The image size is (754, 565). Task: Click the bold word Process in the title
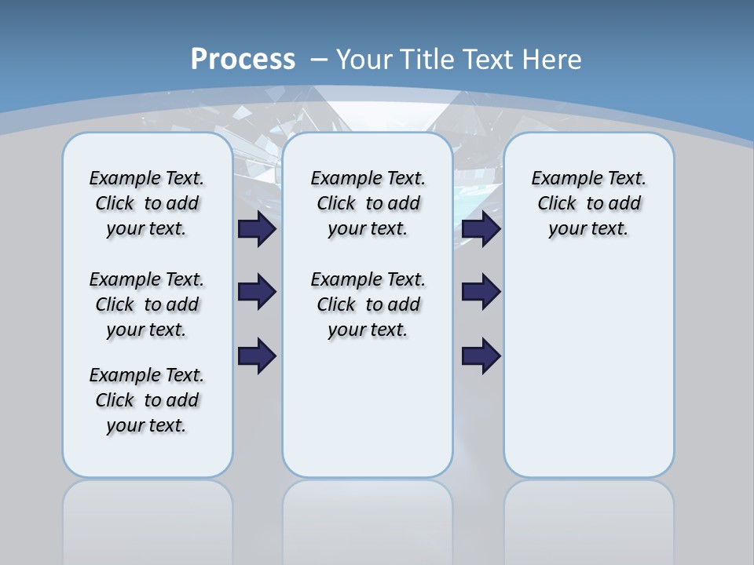coord(243,60)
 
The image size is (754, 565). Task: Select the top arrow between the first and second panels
coord(257,228)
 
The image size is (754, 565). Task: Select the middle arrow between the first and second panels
coord(257,292)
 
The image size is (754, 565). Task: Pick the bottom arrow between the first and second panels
coord(257,355)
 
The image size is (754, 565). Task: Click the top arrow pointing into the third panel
coord(481,228)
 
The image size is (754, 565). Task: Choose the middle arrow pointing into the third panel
coord(481,292)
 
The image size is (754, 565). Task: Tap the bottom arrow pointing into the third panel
coord(481,355)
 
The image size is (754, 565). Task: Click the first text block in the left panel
coord(147,203)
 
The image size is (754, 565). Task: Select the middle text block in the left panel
coord(147,304)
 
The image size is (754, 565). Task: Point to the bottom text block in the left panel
coord(147,400)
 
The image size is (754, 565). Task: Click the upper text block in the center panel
coord(368,203)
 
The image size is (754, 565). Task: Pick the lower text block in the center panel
coord(368,304)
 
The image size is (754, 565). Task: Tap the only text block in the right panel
coord(589,203)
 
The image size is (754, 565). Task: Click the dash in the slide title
coord(319,60)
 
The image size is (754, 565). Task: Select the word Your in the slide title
coord(364,60)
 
